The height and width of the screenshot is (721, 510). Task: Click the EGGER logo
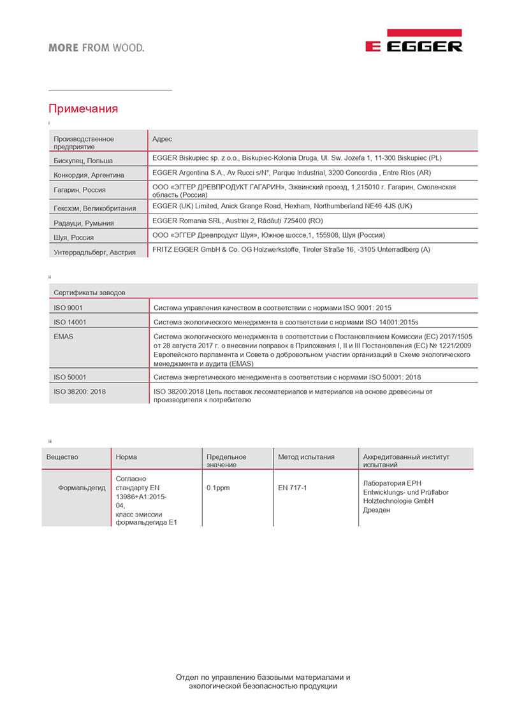click(414, 42)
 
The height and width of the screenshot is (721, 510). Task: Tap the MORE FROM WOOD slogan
click(96, 48)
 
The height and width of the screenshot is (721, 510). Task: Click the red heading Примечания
click(84, 109)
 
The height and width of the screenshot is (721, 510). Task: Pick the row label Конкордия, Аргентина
click(89, 175)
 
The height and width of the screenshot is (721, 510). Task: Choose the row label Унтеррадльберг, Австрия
click(95, 252)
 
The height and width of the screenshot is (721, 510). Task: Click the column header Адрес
click(162, 139)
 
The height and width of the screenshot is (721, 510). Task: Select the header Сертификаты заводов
click(89, 293)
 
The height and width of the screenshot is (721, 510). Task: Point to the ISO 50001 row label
click(70, 377)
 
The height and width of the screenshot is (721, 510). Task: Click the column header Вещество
click(62, 457)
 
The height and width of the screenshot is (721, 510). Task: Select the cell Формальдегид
click(82, 488)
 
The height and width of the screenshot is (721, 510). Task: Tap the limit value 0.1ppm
click(219, 488)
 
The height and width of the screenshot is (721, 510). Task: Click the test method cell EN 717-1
click(293, 488)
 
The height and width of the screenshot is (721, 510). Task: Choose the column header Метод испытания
click(306, 457)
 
